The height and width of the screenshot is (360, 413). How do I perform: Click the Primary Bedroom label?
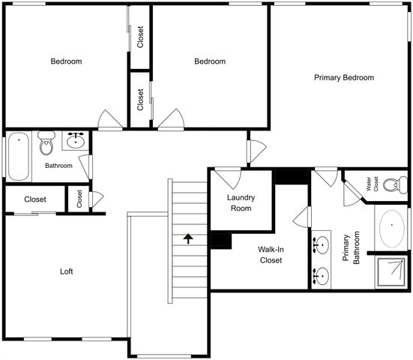click(344, 77)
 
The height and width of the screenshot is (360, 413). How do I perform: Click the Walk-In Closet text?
click(270, 255)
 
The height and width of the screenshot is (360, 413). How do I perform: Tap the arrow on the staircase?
click(187, 238)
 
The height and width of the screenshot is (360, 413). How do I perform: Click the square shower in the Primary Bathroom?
click(391, 273)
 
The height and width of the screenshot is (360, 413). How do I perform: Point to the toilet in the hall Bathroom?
click(46, 143)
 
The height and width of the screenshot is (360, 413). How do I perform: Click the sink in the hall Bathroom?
click(75, 140)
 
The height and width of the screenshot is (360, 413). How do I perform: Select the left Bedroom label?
click(66, 61)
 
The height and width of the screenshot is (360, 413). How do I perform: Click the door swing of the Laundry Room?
click(226, 178)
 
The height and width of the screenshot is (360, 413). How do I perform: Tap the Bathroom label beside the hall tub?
click(58, 165)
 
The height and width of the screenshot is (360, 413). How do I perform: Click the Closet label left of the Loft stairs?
click(35, 199)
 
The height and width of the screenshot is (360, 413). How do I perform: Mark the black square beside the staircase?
click(220, 240)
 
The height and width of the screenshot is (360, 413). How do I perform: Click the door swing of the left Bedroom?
click(110, 119)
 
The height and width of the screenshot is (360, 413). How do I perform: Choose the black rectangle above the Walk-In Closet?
click(292, 175)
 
